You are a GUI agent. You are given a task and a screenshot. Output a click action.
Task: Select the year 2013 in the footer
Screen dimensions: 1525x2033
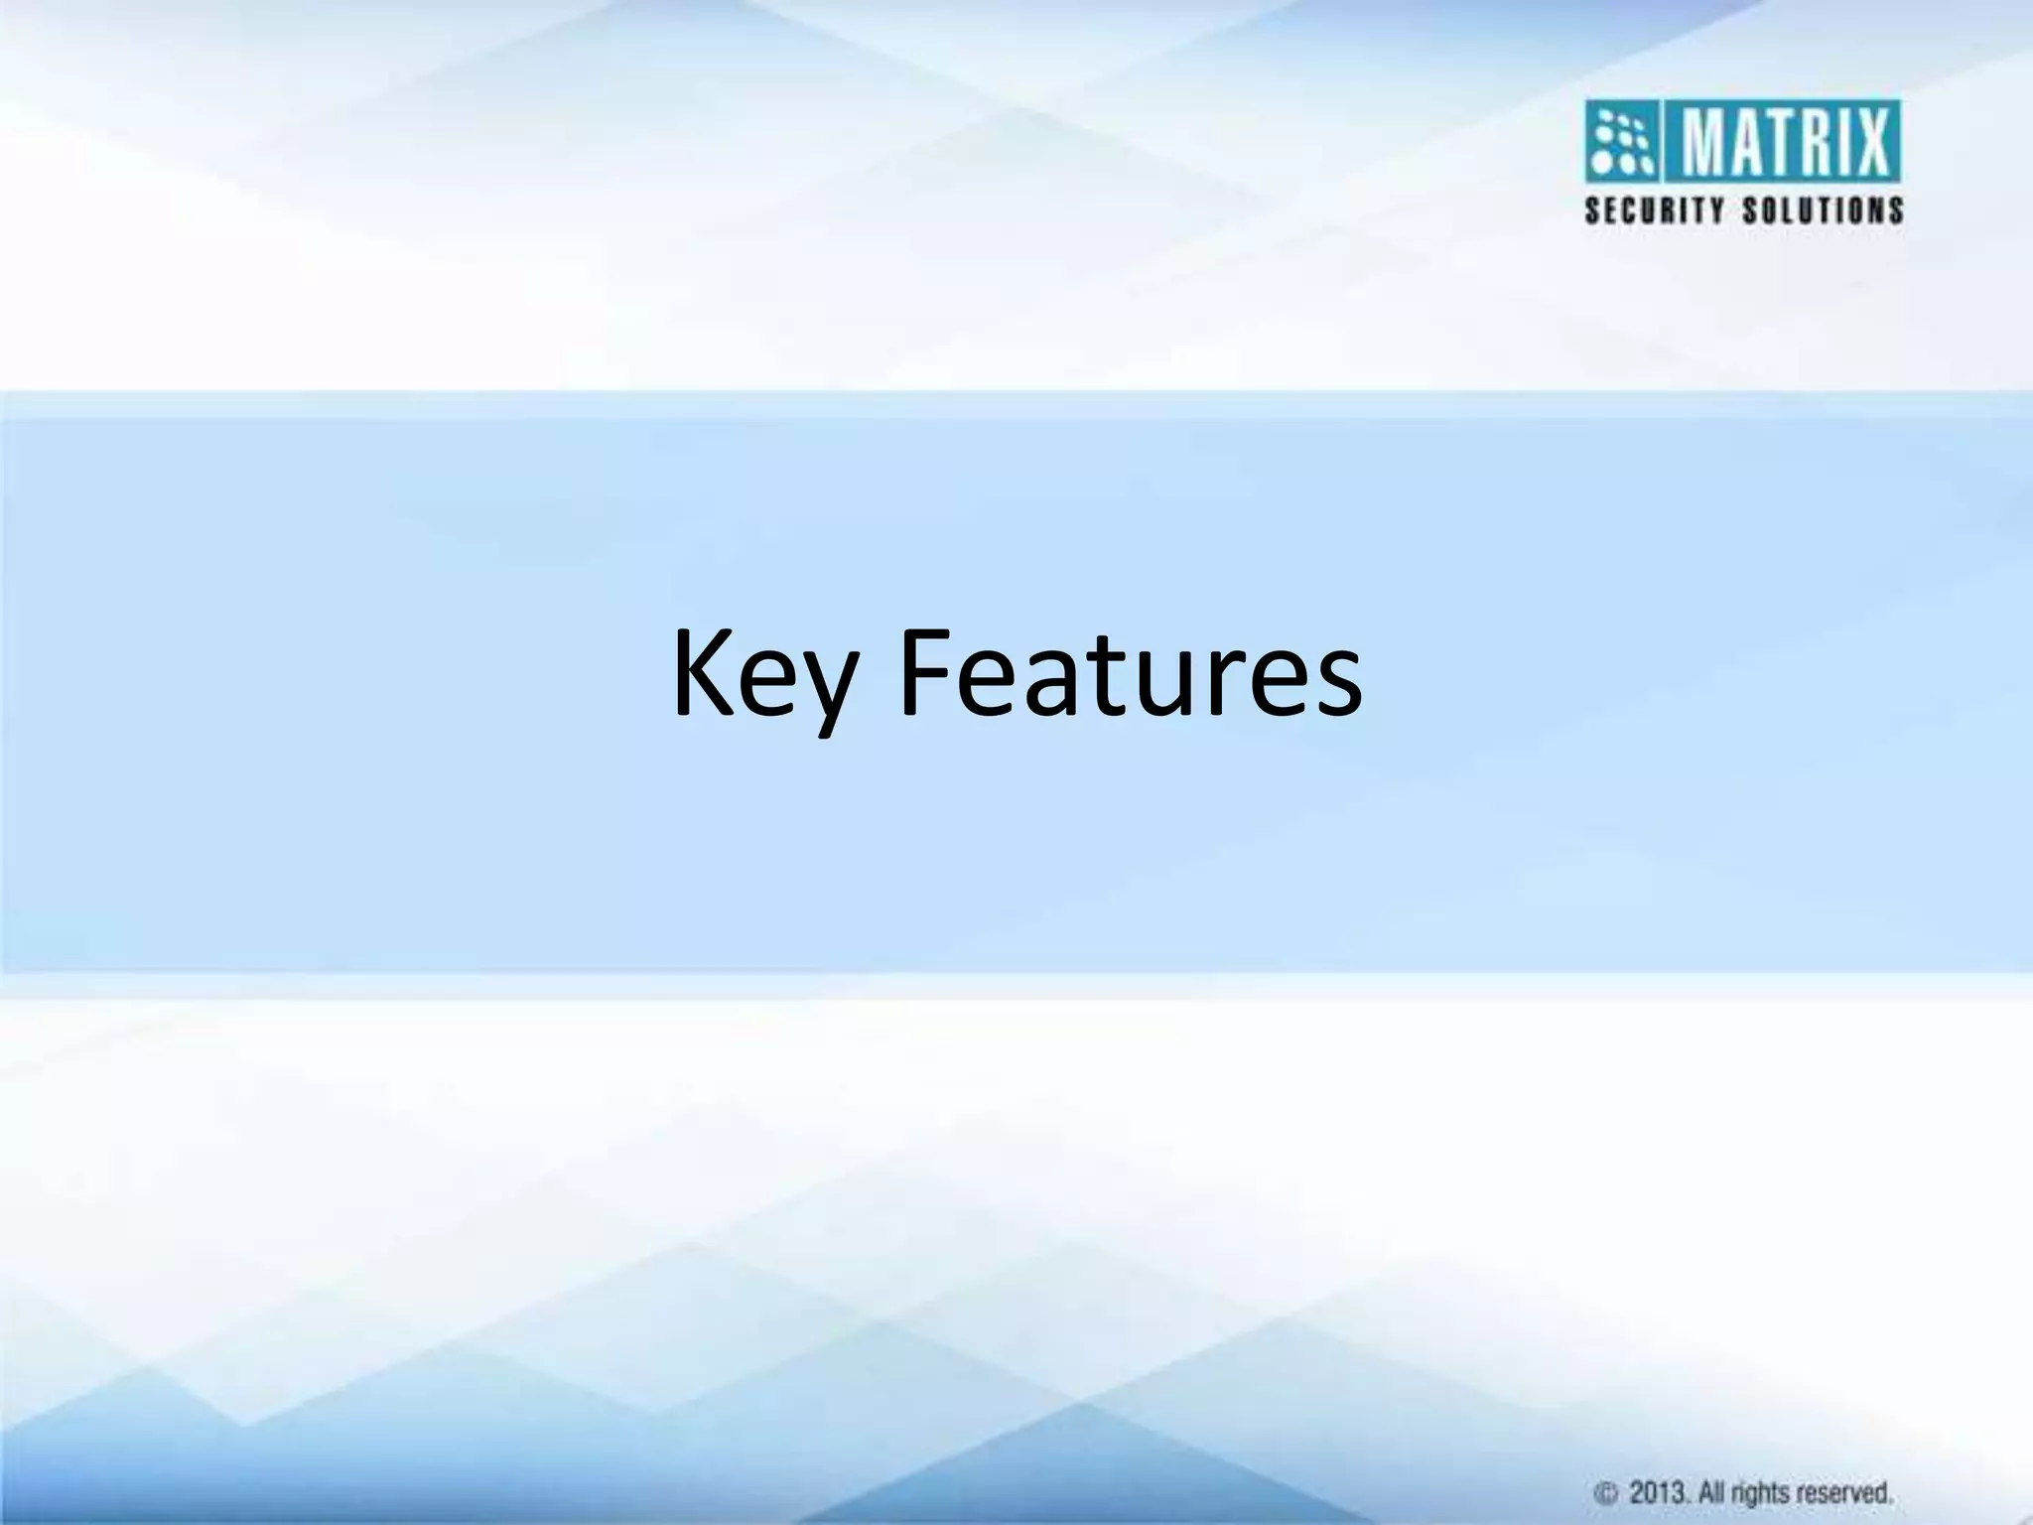point(1658,1492)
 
